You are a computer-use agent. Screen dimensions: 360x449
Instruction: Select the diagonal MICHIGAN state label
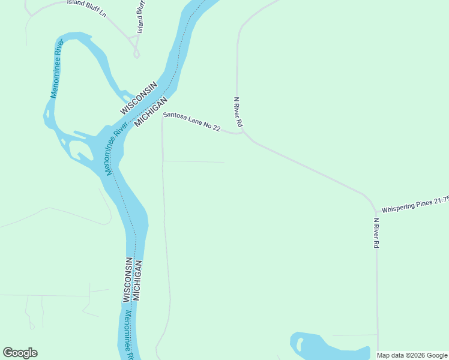point(150,113)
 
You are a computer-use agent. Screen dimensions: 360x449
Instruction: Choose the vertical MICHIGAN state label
point(137,280)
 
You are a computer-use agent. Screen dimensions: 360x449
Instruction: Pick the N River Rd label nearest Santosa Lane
point(238,112)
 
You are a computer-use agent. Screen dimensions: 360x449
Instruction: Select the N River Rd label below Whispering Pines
point(376,233)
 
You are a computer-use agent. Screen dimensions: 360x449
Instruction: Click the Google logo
point(20,353)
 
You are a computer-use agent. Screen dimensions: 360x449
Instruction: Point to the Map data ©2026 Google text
point(412,355)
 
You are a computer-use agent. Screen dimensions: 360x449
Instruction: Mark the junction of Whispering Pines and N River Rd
point(376,211)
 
